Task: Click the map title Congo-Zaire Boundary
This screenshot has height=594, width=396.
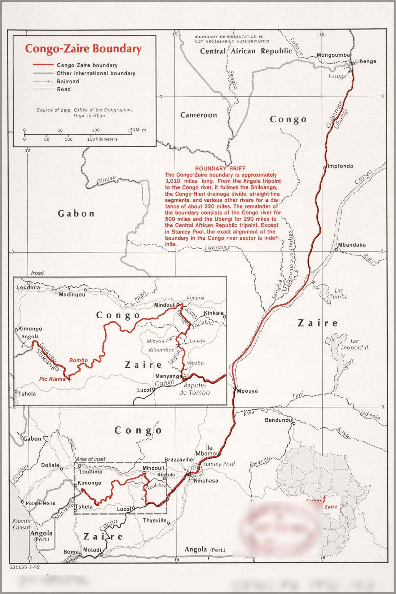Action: tap(83, 49)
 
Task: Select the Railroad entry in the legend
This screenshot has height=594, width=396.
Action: tap(68, 82)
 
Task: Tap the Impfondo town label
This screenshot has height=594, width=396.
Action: tap(340, 166)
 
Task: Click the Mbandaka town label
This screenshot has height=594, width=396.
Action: tap(352, 245)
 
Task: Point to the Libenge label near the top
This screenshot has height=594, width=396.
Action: tap(365, 61)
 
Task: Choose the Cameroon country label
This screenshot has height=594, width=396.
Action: tap(198, 115)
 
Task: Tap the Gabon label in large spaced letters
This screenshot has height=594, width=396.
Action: tap(76, 214)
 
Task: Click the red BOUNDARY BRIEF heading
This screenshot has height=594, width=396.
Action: tap(220, 169)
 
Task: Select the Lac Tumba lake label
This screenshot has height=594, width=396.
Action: tap(339, 293)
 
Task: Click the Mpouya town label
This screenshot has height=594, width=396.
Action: tap(247, 391)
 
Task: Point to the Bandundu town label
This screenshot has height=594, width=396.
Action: tap(278, 420)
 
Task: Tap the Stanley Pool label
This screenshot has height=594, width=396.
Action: tap(219, 464)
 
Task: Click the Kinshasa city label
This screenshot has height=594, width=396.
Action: tap(206, 481)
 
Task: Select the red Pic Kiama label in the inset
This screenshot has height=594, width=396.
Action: tap(53, 379)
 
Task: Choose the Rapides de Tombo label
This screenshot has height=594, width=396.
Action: tap(194, 389)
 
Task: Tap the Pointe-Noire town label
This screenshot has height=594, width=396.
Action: tap(40, 503)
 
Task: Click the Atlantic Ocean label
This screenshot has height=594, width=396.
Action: tap(22, 524)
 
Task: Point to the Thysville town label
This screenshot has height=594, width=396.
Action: tap(155, 520)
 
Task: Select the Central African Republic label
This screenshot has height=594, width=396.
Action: tap(246, 51)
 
